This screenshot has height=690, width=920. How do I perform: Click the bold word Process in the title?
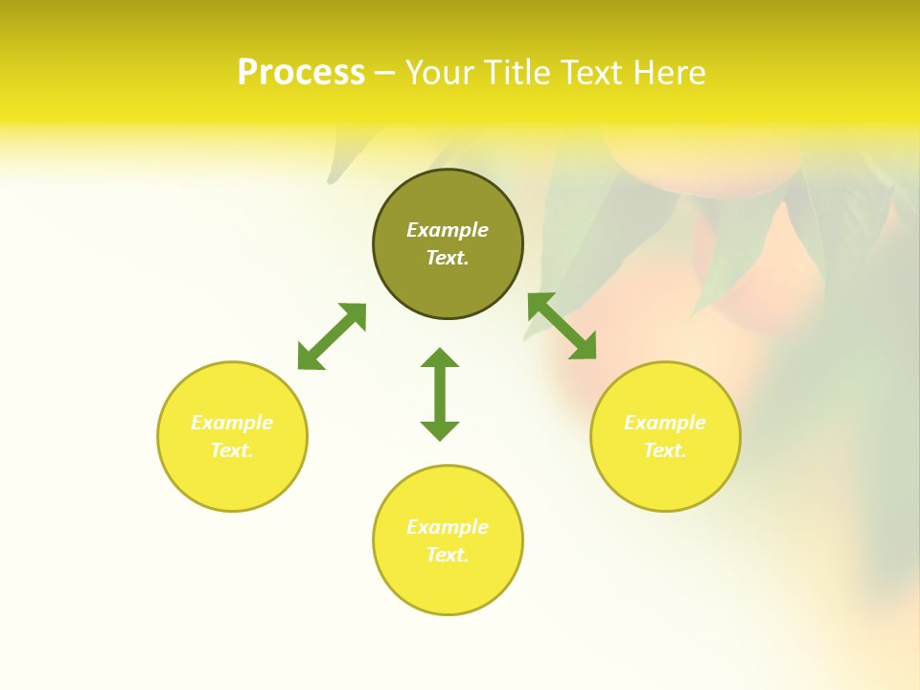[301, 73]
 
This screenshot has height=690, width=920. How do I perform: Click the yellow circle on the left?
[232, 479]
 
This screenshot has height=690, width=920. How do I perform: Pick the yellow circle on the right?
[665, 479]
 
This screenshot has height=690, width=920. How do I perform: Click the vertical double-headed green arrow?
[440, 394]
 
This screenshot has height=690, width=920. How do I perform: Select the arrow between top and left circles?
[332, 336]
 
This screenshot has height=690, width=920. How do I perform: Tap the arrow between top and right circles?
[563, 326]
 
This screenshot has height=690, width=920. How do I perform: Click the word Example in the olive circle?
[448, 230]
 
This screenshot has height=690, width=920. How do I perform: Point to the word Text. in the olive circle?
[448, 258]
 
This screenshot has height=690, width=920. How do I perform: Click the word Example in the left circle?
[232, 423]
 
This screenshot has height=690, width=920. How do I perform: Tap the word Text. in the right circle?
[665, 450]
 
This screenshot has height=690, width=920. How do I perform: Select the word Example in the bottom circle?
[448, 527]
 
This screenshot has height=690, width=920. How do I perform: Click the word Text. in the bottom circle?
[448, 555]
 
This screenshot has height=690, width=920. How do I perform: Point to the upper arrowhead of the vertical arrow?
[440, 358]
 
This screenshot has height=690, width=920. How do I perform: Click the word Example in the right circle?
[665, 423]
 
